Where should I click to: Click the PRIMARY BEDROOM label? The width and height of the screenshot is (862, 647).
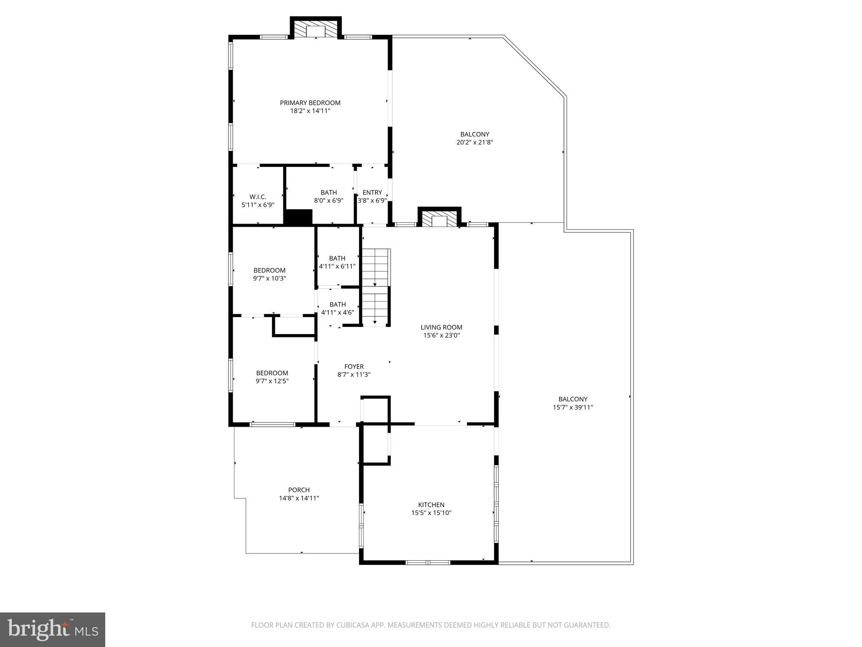click(x=310, y=103)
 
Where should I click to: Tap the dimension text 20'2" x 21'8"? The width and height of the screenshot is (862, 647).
click(x=474, y=142)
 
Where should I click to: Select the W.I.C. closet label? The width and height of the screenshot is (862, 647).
click(x=258, y=197)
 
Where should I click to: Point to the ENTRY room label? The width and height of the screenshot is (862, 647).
click(x=372, y=192)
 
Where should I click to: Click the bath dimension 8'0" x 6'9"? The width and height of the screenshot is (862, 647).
click(x=328, y=201)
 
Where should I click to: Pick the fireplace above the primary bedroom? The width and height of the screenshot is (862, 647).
click(x=316, y=30)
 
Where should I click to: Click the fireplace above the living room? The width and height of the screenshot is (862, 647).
click(x=439, y=219)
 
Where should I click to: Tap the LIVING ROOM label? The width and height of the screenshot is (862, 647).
click(x=441, y=327)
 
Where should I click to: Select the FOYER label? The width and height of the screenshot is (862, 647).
click(x=354, y=366)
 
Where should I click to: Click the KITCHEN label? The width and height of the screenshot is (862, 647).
click(x=431, y=505)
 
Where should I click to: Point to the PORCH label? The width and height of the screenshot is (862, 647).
click(x=299, y=490)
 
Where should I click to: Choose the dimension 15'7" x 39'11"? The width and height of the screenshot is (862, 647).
click(x=572, y=407)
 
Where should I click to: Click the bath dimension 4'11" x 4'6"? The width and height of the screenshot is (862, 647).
click(x=338, y=313)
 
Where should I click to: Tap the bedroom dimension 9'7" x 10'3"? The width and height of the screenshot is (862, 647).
click(x=269, y=278)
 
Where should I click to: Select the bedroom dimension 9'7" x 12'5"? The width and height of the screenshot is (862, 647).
click(x=272, y=381)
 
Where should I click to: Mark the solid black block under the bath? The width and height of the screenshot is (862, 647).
click(x=298, y=217)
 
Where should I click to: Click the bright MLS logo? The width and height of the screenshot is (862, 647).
click(x=53, y=630)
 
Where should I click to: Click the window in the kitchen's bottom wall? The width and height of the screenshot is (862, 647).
click(x=428, y=562)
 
